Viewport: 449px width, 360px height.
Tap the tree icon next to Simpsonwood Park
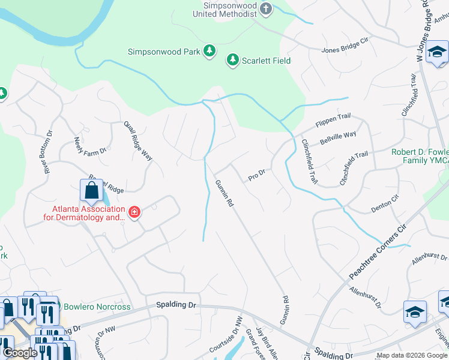click(x=209, y=52)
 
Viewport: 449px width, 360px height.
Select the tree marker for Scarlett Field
click(x=232, y=60)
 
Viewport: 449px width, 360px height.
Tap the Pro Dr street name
click(x=257, y=176)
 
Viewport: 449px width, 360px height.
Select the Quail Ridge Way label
click(x=138, y=140)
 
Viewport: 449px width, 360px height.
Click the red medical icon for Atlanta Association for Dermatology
click(x=134, y=212)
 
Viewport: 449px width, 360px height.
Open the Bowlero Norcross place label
click(x=98, y=307)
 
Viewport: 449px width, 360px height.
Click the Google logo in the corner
click(x=20, y=353)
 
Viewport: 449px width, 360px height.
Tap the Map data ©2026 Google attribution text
click(x=412, y=355)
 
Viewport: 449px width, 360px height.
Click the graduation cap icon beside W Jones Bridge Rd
click(x=436, y=54)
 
